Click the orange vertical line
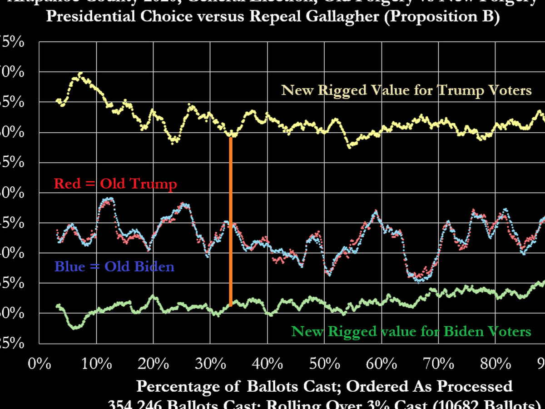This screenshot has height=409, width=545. click(231, 220)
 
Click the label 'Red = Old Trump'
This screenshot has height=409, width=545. click(115, 184)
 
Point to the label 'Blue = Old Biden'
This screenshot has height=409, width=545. click(114, 266)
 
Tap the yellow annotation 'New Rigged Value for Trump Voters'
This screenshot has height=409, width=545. click(406, 90)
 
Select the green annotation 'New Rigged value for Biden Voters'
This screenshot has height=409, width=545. click(411, 331)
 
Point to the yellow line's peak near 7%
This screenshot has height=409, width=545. click(80, 73)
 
